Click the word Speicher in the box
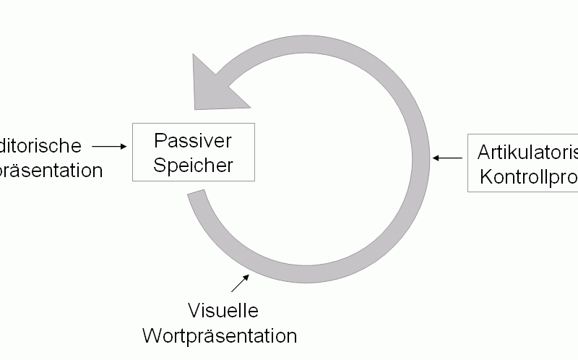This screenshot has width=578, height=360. [194, 165]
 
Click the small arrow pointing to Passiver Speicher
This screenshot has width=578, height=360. [109, 146]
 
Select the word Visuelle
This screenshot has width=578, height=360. [223, 311]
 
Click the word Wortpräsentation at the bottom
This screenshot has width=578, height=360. [220, 336]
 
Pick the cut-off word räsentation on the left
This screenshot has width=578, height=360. [51, 171]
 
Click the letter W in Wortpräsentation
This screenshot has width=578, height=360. [150, 336]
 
